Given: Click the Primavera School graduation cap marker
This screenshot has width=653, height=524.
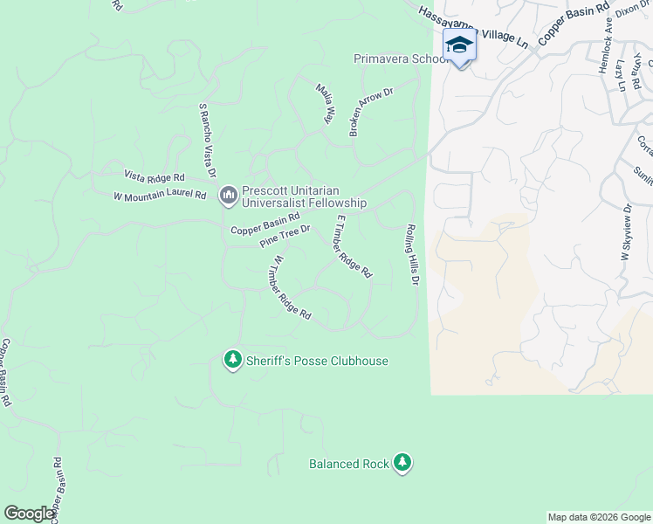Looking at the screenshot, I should (459, 45).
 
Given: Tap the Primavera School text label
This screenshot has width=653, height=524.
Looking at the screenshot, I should (401, 59).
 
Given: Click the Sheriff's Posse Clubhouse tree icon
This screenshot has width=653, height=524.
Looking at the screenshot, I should (232, 360).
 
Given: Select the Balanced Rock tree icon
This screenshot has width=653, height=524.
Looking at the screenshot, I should (402, 463).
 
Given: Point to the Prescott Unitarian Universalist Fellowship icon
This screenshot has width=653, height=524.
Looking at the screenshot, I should (228, 194).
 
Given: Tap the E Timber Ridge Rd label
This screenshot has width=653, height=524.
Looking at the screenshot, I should (354, 247).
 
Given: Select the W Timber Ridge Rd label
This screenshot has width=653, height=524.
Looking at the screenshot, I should (292, 287).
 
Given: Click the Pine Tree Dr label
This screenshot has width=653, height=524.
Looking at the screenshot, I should (285, 236).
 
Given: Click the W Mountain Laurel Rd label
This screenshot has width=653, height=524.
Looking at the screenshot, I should (160, 196).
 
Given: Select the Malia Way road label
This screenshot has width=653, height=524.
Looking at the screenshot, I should (325, 104).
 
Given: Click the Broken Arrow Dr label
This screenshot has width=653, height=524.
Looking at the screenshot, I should (372, 111).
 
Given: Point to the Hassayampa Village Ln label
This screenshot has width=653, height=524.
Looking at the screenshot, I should (472, 26).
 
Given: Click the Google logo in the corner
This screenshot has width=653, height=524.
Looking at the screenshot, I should (30, 514).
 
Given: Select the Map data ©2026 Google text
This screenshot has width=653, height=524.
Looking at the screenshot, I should (598, 517).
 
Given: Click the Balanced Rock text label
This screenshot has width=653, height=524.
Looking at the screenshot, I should (349, 464).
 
